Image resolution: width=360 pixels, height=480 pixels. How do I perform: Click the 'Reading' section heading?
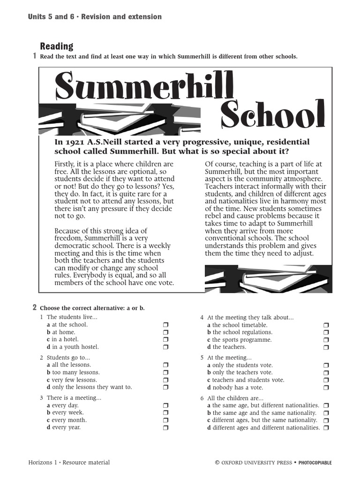[x=56, y=46]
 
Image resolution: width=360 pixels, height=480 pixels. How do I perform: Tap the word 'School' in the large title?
[x=272, y=114]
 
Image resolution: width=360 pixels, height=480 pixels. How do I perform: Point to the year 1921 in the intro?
[x=74, y=142]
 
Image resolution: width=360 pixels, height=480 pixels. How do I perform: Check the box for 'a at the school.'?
[x=165, y=325]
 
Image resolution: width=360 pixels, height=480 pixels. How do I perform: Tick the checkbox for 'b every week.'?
[x=165, y=413]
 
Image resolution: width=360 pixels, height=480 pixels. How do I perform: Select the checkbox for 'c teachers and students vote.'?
[x=326, y=380]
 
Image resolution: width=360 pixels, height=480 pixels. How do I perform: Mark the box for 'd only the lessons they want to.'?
[x=165, y=388]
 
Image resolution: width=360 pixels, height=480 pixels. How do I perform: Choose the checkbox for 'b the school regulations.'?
[x=326, y=332]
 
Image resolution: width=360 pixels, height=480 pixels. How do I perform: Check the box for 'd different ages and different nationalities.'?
[x=326, y=428]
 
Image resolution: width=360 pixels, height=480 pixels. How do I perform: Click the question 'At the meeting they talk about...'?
[x=250, y=317]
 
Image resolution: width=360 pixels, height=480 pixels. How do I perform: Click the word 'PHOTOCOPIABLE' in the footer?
[x=315, y=463]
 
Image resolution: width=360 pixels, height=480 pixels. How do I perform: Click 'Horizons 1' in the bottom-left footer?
[x=42, y=463]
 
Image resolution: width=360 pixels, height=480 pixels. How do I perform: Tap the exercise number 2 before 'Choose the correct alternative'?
[x=34, y=307]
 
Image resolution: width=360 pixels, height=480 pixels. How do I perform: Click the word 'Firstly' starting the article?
[x=65, y=164]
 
